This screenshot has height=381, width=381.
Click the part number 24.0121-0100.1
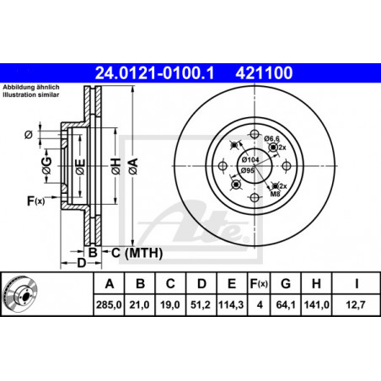click(154, 73)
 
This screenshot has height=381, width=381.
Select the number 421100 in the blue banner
click(264, 73)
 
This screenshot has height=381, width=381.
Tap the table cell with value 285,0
click(109, 304)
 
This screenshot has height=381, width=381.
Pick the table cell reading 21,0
click(139, 304)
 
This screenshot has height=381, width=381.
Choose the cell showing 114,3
click(231, 304)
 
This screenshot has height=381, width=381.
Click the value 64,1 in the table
click(286, 304)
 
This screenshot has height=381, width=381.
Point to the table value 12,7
click(356, 304)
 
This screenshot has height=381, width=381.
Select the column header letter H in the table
click(316, 284)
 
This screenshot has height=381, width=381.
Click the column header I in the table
click(357, 284)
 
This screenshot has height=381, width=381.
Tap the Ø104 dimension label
click(250, 160)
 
